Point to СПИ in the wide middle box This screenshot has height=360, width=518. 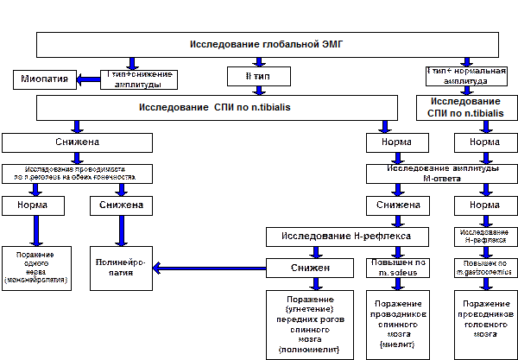click(x=229, y=108)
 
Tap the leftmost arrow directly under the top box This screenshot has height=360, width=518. click(x=132, y=62)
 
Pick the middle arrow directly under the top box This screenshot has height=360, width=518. click(x=257, y=62)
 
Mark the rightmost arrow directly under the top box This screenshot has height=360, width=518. click(x=467, y=62)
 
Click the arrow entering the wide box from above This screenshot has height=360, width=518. click(x=257, y=89)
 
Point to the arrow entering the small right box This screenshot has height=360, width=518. click(x=467, y=89)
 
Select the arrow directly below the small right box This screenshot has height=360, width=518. click(x=485, y=127)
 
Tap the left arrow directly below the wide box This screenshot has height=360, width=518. click(x=77, y=127)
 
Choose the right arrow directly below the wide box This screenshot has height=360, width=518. click(x=384, y=127)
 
